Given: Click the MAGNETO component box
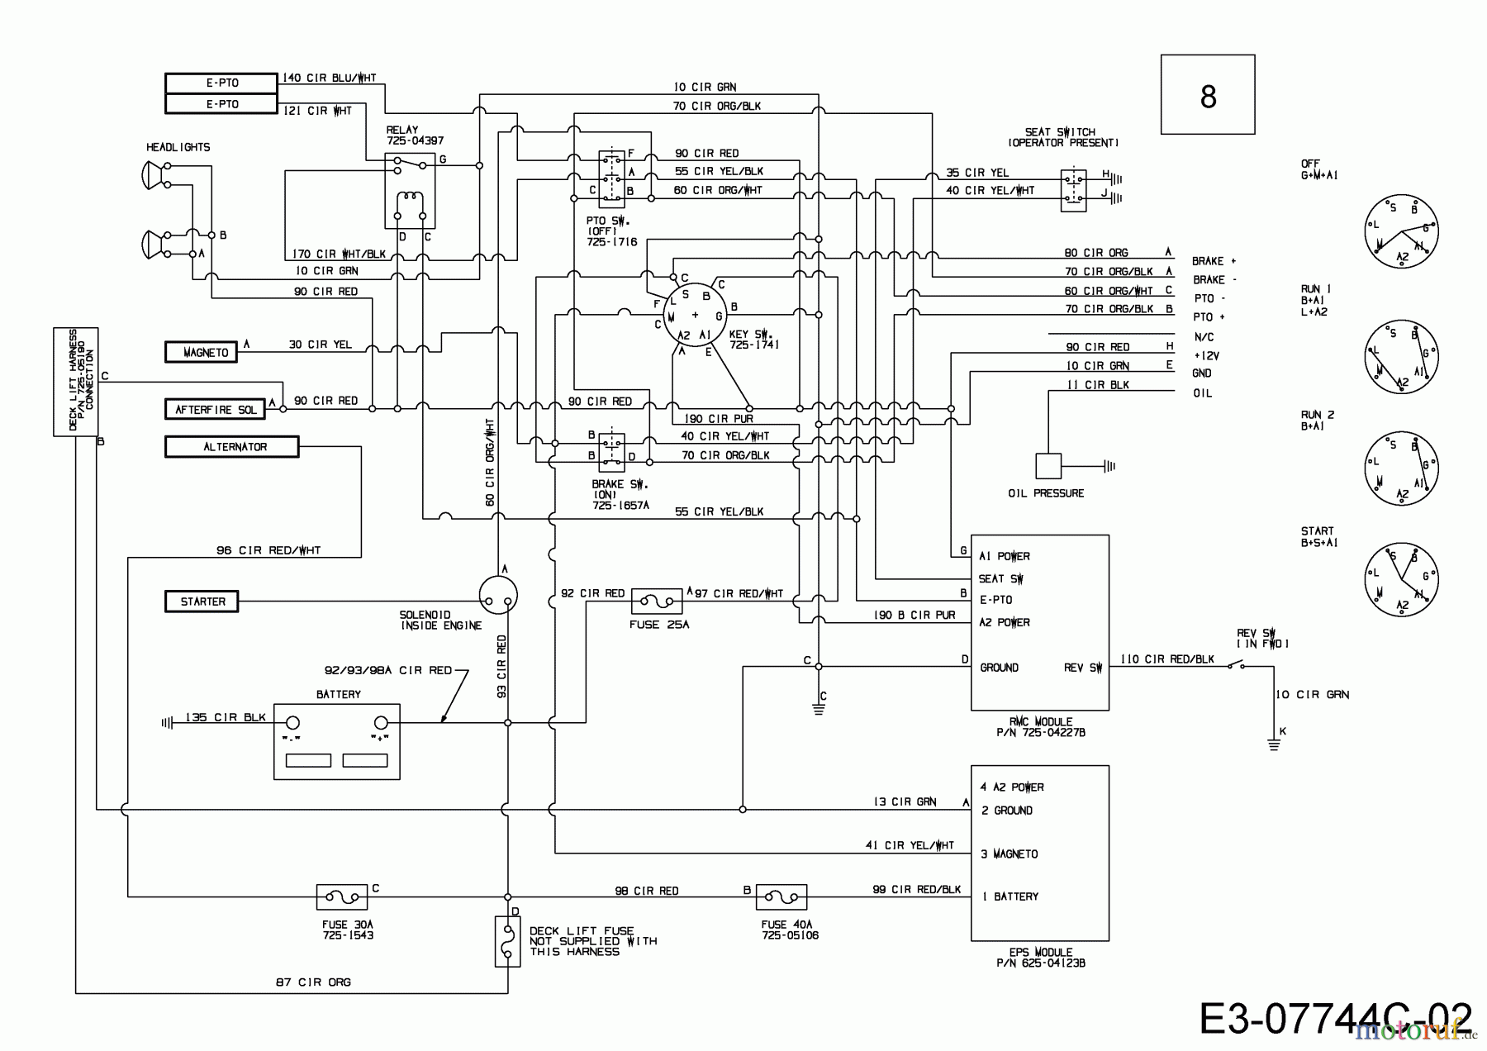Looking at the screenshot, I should click(x=201, y=352).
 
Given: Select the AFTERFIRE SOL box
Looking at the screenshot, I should click(x=215, y=409).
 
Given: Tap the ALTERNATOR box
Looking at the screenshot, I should click(x=231, y=447).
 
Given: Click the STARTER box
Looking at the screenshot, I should click(x=202, y=602).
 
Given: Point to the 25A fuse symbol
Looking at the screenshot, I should click(x=657, y=601).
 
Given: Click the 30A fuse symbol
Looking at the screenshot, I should click(x=342, y=896).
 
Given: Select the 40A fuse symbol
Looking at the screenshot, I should click(x=782, y=896).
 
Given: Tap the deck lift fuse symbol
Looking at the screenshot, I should click(x=507, y=941).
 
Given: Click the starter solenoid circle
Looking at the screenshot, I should click(x=498, y=596).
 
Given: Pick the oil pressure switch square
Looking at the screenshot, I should click(x=1048, y=466).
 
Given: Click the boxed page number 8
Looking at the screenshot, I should click(x=1208, y=95).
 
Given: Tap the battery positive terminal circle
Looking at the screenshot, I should click(x=381, y=722).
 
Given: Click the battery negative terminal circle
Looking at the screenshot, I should click(x=292, y=722).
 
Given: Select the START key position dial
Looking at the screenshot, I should click(x=1401, y=579).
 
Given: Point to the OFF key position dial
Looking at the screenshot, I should click(x=1401, y=231).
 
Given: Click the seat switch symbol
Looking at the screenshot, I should click(x=1073, y=190).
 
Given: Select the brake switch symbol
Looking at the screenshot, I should click(x=611, y=452).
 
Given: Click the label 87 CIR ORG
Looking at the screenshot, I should click(x=313, y=982).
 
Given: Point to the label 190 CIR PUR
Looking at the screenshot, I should click(x=718, y=419).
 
